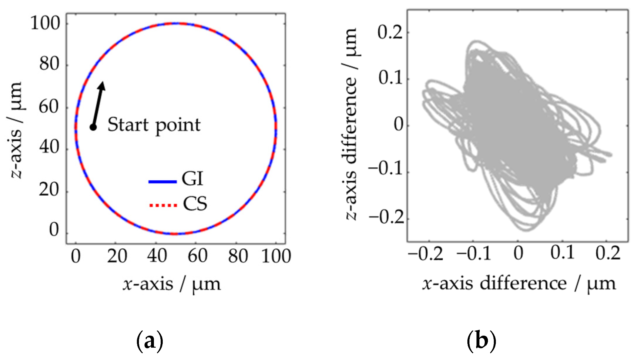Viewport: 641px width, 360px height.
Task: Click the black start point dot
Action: point(93,127)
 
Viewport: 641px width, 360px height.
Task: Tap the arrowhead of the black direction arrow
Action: point(102,85)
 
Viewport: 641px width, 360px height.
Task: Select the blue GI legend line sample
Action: point(162,182)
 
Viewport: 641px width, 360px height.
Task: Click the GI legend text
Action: point(192,179)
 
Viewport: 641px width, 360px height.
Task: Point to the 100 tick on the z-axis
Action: point(45,23)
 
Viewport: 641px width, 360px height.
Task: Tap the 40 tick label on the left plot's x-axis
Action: point(157,256)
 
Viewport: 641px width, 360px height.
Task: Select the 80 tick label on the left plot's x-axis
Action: point(238,256)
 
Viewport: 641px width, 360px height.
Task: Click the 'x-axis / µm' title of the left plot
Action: point(172,284)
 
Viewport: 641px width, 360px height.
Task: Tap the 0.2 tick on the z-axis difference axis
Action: point(390,32)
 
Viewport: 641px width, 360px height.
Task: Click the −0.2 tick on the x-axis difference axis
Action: point(425,253)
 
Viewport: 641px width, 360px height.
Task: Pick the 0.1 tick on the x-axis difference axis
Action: point(562,253)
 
